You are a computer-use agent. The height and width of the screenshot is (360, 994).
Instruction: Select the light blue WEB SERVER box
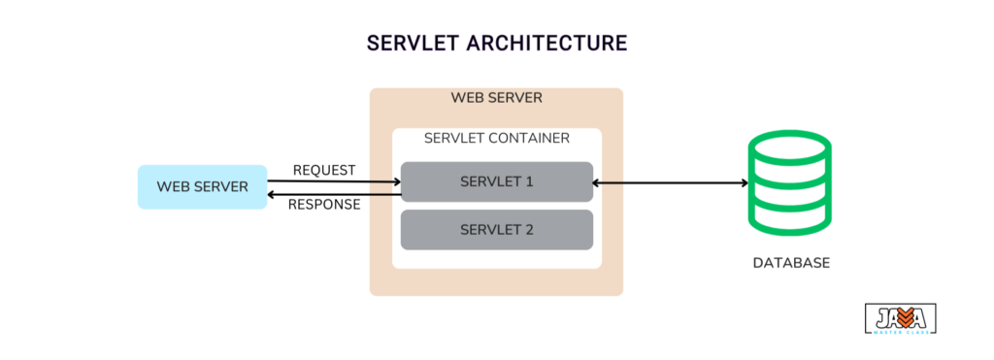point(202,186)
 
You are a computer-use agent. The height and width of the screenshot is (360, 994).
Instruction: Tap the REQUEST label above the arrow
point(324,171)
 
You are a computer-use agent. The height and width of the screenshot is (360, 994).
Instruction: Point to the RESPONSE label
point(324,205)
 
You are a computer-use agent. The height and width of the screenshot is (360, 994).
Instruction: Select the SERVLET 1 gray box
point(496,181)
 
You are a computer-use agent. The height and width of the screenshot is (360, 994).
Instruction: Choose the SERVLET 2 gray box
point(496,230)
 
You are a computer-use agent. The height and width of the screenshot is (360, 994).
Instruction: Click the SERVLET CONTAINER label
point(496,139)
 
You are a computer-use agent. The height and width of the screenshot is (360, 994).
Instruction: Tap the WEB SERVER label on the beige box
point(496,98)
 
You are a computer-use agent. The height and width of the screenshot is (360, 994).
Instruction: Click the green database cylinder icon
point(789,185)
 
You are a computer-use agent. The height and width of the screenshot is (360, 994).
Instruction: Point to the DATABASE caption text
point(791,263)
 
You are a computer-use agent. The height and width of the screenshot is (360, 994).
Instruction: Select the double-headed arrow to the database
point(670,181)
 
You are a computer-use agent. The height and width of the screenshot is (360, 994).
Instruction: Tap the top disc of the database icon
point(789,151)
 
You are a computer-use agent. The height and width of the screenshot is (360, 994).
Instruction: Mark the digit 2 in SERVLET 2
point(529,230)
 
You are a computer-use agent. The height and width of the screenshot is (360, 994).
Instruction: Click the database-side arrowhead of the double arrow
point(743,181)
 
